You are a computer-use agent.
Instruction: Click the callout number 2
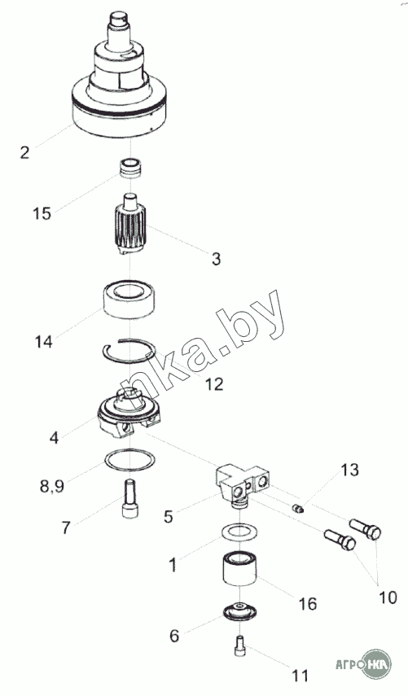click(x=25, y=152)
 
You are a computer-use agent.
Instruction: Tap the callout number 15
click(x=42, y=213)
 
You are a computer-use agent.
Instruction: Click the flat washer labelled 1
click(x=239, y=532)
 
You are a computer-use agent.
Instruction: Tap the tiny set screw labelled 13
click(x=297, y=508)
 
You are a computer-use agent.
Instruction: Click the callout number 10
click(x=388, y=598)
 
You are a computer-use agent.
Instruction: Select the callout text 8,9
click(x=51, y=486)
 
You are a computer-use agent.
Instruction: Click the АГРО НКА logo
click(x=363, y=664)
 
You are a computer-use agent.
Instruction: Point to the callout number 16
click(x=307, y=604)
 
